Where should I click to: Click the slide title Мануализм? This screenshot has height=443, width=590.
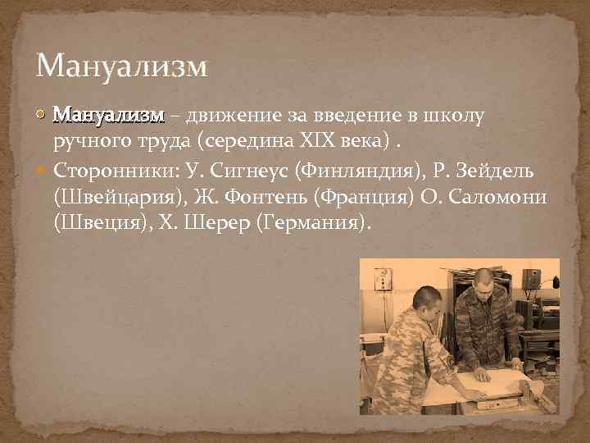click(122, 65)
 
